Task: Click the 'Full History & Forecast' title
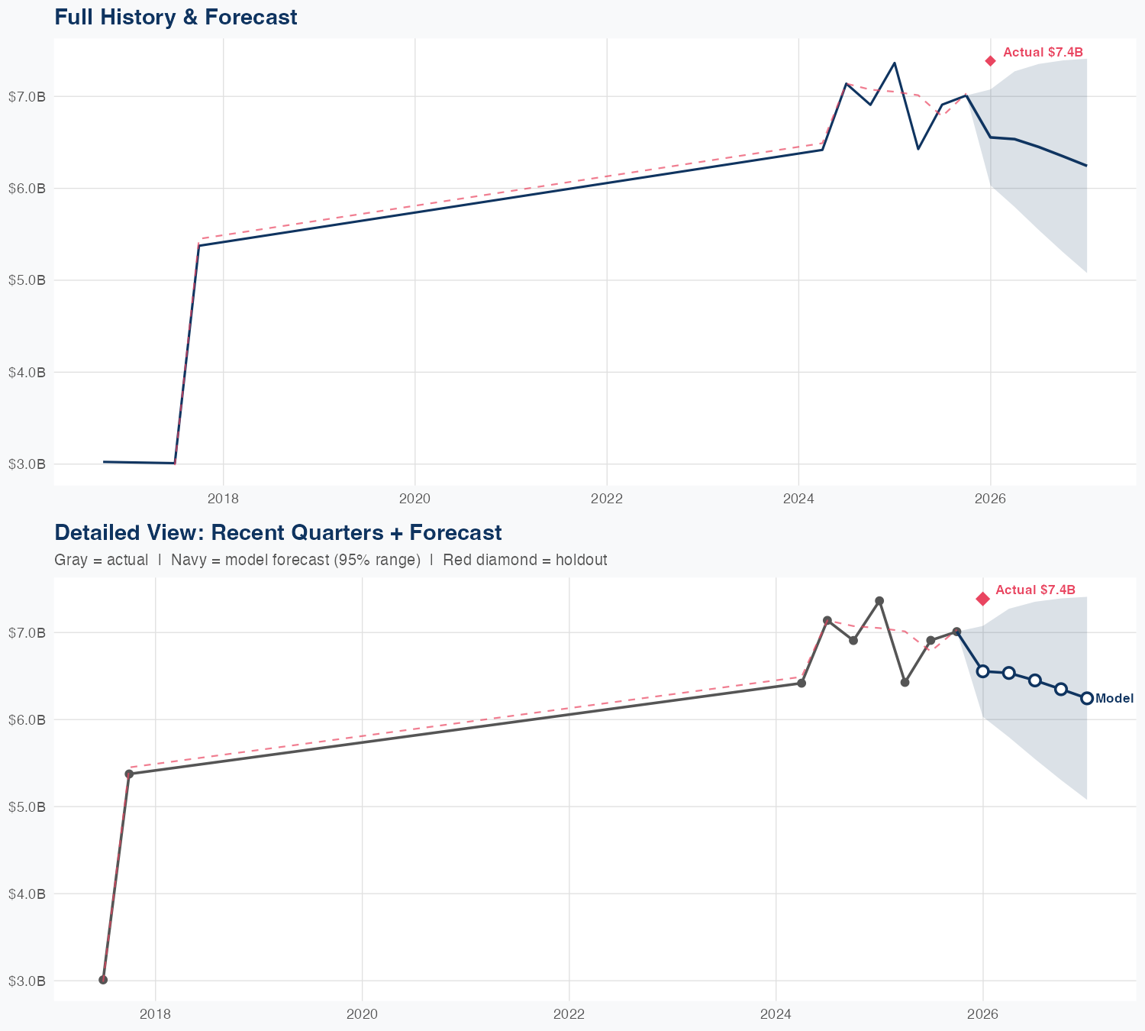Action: click(176, 17)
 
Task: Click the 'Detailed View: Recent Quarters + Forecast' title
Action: click(278, 532)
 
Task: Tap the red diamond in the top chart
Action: click(990, 61)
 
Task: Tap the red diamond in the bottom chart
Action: click(982, 599)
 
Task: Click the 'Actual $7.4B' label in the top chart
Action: click(1043, 52)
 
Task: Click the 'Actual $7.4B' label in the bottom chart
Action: click(1035, 590)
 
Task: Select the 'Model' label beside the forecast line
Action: click(1114, 698)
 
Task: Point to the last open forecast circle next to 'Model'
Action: click(1087, 698)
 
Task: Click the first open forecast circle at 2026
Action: click(983, 671)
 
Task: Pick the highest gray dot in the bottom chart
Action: click(879, 601)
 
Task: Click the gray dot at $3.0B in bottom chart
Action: click(103, 980)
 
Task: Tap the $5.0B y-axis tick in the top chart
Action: click(27, 280)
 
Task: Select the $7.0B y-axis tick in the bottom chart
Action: click(27, 632)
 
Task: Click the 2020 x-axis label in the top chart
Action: click(415, 499)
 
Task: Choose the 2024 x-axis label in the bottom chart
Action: click(776, 1014)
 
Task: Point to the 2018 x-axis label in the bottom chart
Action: click(155, 1014)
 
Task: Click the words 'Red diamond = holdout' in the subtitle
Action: click(524, 560)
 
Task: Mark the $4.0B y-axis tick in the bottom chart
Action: click(27, 894)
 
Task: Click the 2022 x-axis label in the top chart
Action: click(607, 499)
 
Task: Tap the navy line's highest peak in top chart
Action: click(894, 63)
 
